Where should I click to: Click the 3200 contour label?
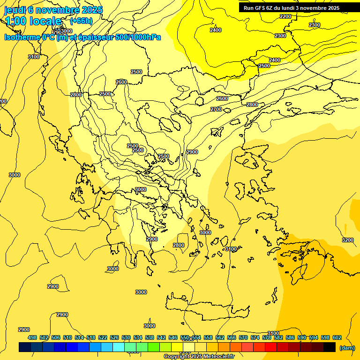point(348,240)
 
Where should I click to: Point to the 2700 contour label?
point(216,109)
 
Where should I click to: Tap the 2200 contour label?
point(285,17)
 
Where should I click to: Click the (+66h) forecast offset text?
point(81,21)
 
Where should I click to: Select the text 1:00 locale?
point(33,21)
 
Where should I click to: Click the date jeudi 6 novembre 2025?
point(53,10)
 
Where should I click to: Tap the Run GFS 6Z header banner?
point(292,8)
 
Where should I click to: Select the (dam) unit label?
point(347,348)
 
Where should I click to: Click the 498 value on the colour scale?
point(32,337)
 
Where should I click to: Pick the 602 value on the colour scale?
point(337,337)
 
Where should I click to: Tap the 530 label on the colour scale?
point(126,337)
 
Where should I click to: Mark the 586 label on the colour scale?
point(290,337)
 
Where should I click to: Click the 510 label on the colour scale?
point(67,337)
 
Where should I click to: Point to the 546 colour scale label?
point(173,337)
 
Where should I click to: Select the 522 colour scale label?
point(103,337)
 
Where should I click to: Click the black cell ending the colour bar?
point(330,347)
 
